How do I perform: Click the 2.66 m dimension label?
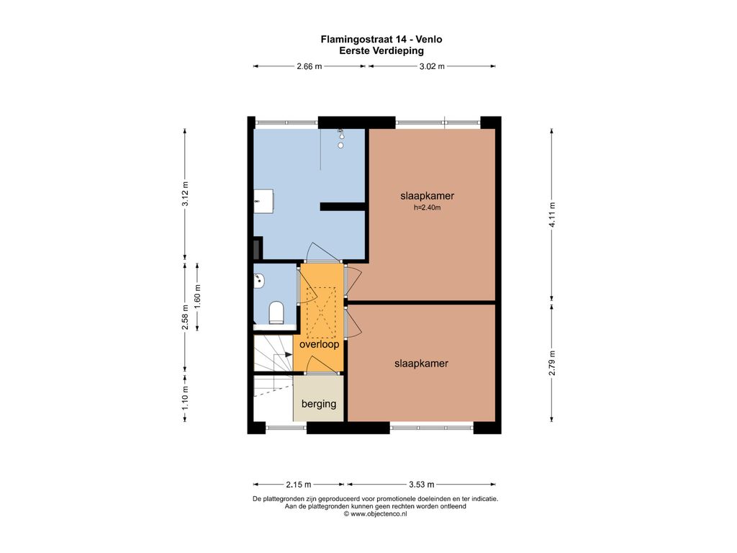[309, 66]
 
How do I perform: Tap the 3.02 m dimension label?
[432, 66]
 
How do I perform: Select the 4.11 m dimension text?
[552, 215]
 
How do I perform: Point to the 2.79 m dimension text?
[552, 363]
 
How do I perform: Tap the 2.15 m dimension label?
[299, 485]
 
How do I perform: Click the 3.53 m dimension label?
[422, 485]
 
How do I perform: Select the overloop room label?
[319, 344]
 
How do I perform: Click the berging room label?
[319, 404]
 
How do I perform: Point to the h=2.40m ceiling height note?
[428, 207]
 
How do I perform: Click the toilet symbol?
[276, 313]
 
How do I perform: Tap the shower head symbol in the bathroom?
[340, 139]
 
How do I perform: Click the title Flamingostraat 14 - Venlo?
[381, 40]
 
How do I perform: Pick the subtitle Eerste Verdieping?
[381, 51]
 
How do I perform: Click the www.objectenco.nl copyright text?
[375, 514]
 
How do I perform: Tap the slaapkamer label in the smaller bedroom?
[421, 364]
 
